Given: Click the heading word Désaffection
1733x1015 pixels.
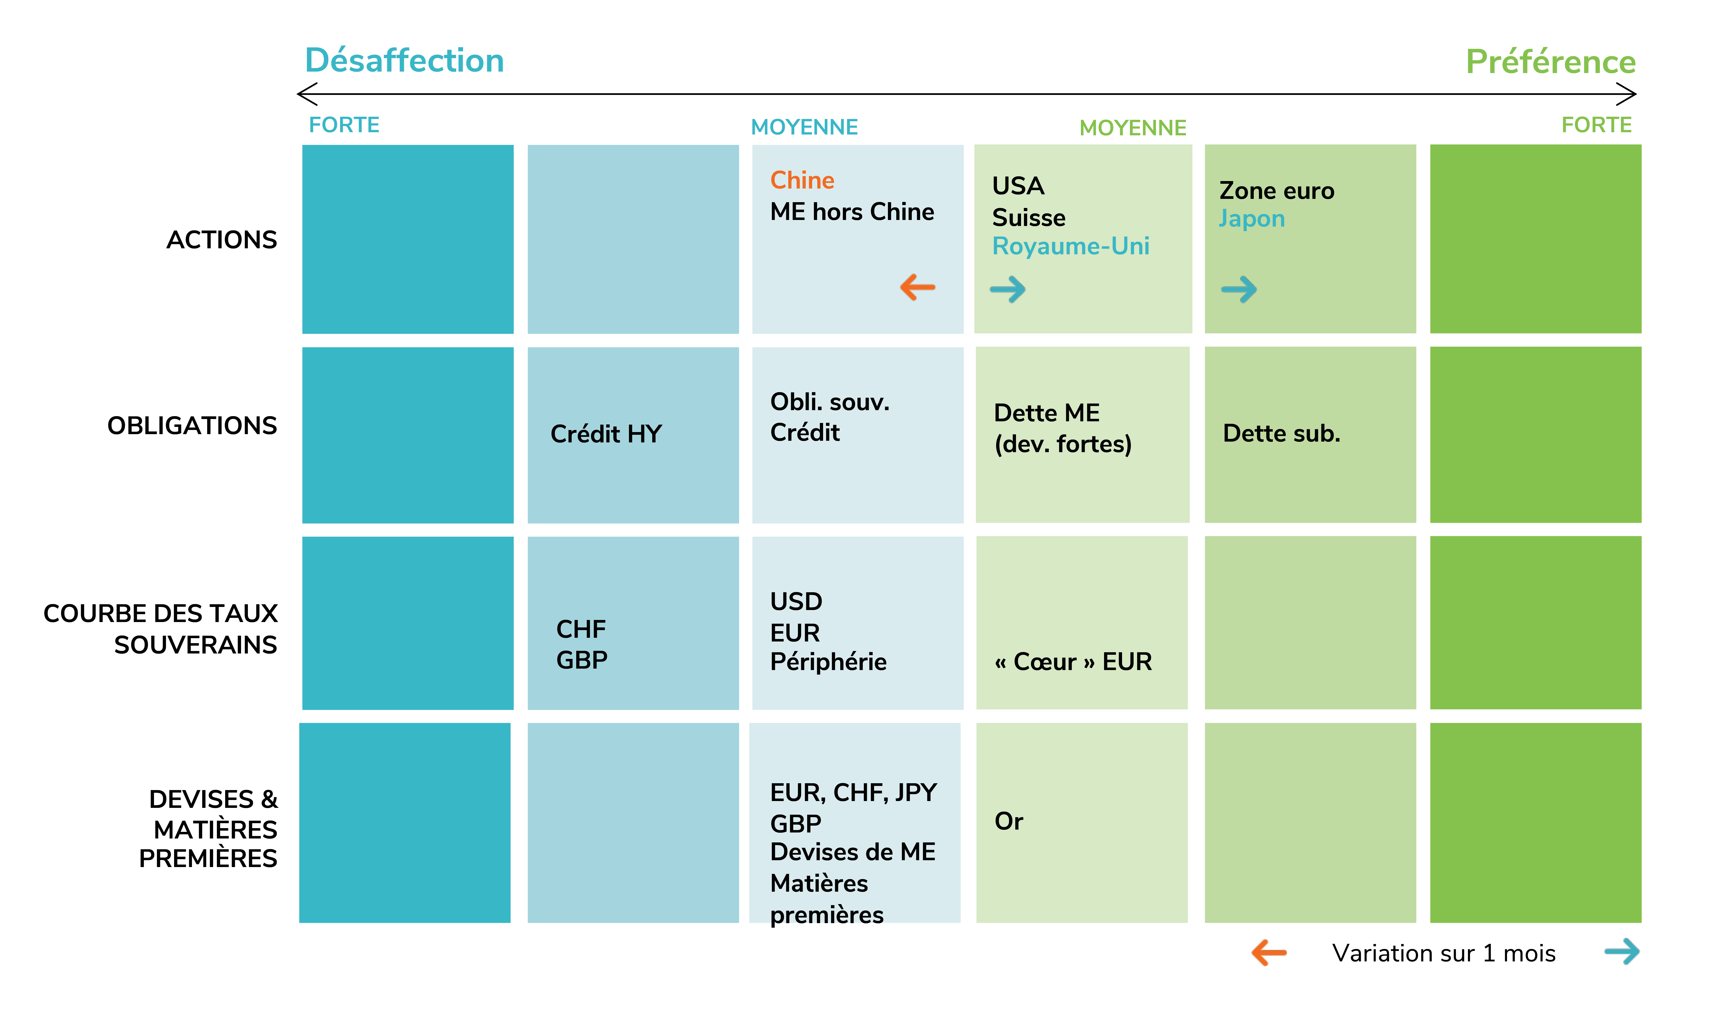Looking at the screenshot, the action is [x=404, y=61].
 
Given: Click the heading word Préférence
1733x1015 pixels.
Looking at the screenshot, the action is [x=1551, y=62].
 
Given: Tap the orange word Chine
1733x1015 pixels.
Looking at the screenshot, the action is [x=802, y=180].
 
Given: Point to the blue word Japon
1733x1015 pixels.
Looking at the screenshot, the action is [x=1252, y=219].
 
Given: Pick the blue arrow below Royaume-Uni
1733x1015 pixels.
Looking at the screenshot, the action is [x=1008, y=289].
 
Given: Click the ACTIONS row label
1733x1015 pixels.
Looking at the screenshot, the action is [x=221, y=239].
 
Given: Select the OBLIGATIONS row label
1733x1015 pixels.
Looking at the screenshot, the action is [x=192, y=425].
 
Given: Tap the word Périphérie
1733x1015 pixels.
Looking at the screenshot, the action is [x=828, y=661].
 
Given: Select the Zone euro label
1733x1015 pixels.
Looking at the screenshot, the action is [x=1276, y=191].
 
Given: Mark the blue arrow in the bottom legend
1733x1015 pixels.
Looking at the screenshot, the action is [x=1622, y=952].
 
